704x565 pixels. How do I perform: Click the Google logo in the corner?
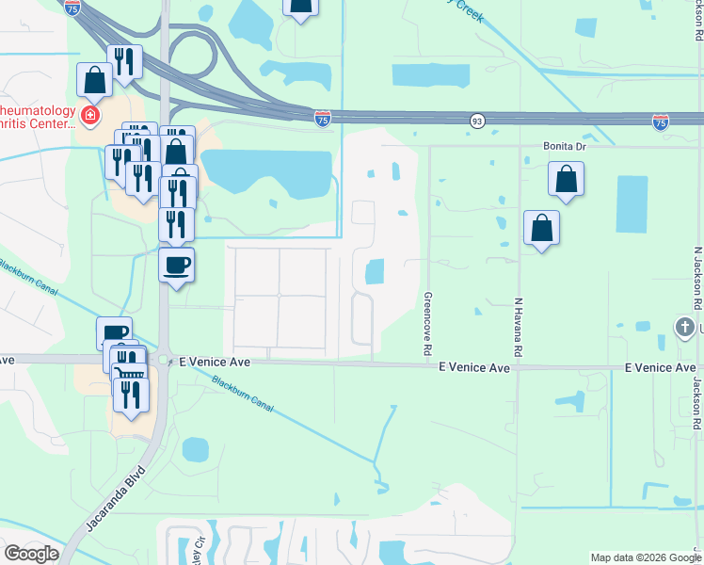point(31,554)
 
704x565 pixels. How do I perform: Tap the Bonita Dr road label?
point(564,147)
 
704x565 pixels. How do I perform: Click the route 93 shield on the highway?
point(477,120)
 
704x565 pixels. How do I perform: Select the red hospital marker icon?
point(90,117)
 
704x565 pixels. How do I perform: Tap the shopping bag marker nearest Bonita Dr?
point(566,179)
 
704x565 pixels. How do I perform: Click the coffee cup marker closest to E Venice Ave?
point(114,333)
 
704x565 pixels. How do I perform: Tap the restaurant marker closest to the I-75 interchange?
point(124,61)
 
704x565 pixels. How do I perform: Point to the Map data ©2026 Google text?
point(645,557)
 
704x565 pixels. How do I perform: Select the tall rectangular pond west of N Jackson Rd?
point(631,204)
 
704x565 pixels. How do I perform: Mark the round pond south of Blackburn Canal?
point(195,450)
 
